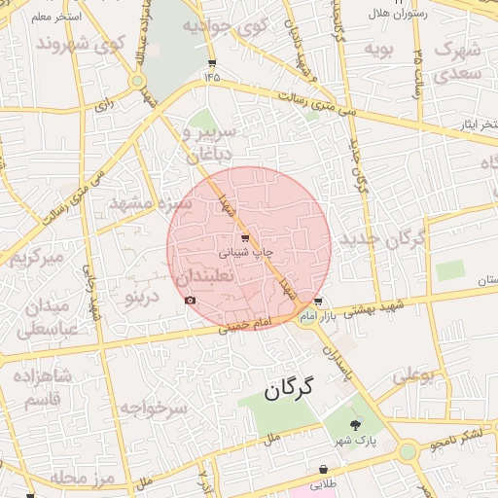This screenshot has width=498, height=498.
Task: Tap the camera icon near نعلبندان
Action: tap(190, 300)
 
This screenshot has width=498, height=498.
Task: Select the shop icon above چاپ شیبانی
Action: tap(243, 237)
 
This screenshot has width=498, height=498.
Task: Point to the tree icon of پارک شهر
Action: tap(354, 424)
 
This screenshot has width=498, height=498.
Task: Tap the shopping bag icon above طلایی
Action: tap(323, 469)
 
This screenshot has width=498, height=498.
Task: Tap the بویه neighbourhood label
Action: tap(379, 49)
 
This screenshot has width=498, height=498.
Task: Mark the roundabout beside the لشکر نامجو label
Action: tap(408, 450)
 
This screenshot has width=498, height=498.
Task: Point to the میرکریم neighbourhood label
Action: tap(37, 258)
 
